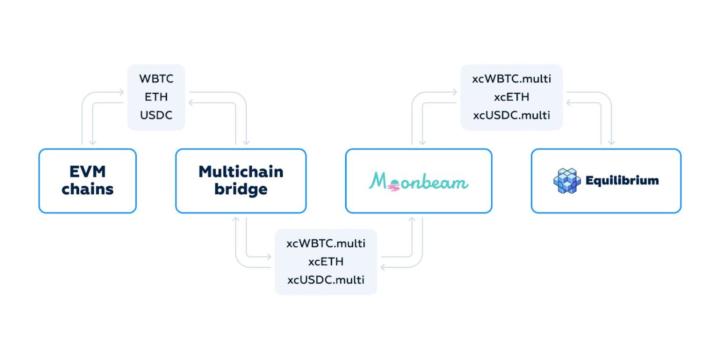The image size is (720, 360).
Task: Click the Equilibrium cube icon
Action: point(567,181)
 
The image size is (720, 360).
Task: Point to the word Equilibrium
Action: point(622,181)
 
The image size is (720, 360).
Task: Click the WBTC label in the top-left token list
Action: point(156,79)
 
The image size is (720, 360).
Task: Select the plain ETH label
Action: point(156,97)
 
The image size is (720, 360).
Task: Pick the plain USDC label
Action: point(156,115)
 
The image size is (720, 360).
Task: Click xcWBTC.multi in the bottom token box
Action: point(325,243)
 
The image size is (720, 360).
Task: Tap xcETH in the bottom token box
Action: point(325,261)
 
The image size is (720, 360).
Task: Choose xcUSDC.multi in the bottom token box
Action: point(325,280)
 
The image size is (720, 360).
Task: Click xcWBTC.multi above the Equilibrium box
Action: point(511,79)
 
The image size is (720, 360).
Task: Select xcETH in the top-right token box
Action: point(511,97)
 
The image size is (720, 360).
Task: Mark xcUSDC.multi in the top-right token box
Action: point(511,115)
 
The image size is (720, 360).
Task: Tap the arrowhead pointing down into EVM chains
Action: point(93,142)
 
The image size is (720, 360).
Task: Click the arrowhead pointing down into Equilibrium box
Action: point(611,142)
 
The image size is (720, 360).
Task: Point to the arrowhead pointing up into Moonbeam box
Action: point(412,219)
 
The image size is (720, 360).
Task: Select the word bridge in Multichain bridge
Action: point(241,189)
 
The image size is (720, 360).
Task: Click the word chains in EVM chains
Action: point(87,189)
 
